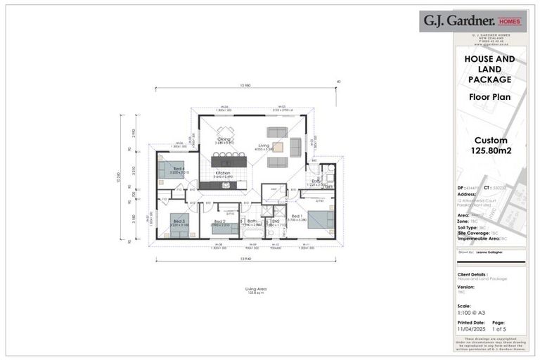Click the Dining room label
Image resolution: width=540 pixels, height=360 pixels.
pos(224,139)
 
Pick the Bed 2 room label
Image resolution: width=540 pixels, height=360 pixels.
pos(219,221)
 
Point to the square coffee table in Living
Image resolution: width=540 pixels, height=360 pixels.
pos(278,148)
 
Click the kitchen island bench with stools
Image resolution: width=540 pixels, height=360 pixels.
pos(226,161)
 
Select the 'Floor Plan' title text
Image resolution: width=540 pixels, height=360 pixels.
pos(489,96)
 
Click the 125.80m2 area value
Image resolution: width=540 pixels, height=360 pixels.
pos(490,150)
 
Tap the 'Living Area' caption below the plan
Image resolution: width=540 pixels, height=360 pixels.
pos(255,289)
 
